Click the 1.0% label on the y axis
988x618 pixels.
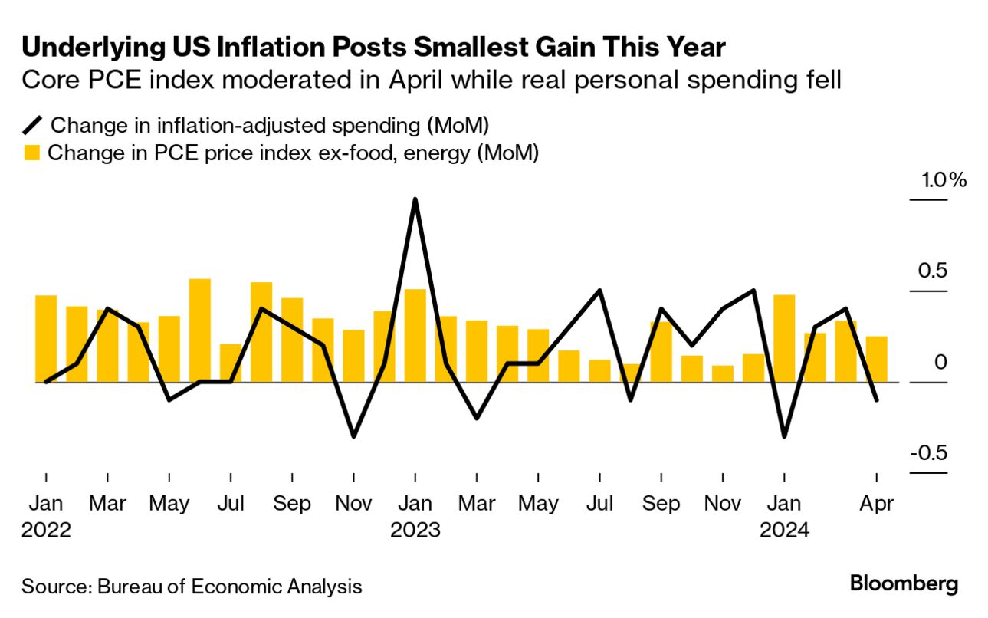pos(944,181)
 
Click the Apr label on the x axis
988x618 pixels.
pos(876,504)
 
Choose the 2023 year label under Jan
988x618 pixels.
pos(415,530)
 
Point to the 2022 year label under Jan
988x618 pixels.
pos(46,530)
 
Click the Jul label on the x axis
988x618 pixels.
pos(231,504)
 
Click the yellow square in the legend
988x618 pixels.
pos(31,153)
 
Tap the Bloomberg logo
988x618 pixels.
pos(904,583)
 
